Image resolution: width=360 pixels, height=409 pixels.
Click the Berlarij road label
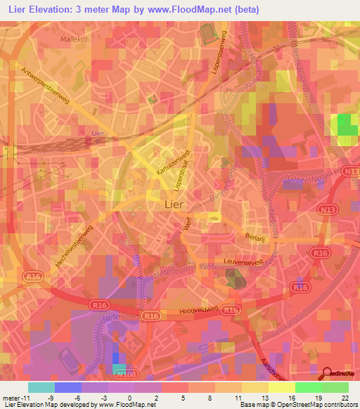point(256,238)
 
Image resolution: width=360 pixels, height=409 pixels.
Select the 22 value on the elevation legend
point(335,398)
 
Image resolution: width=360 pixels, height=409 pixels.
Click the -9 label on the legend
point(67,398)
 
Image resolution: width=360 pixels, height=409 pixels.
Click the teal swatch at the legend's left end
point(41,387)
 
